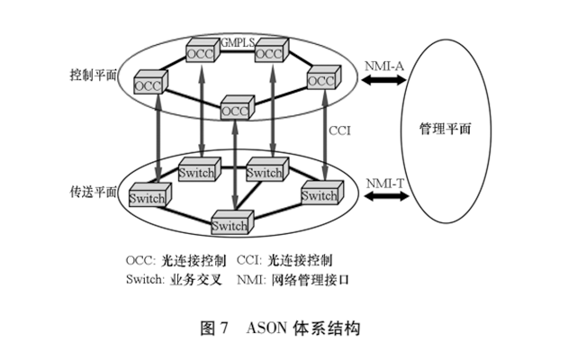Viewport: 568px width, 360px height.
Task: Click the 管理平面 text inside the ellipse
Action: (x=445, y=128)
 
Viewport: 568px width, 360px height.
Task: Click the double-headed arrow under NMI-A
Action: (x=383, y=82)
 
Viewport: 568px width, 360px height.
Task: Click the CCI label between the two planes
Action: (x=339, y=130)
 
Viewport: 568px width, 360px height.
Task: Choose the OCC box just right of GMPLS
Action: (x=269, y=53)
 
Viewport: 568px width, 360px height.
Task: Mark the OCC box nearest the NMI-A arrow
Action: (x=320, y=80)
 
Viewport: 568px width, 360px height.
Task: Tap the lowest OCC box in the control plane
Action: (x=235, y=109)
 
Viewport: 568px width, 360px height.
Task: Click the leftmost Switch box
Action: (x=148, y=197)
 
